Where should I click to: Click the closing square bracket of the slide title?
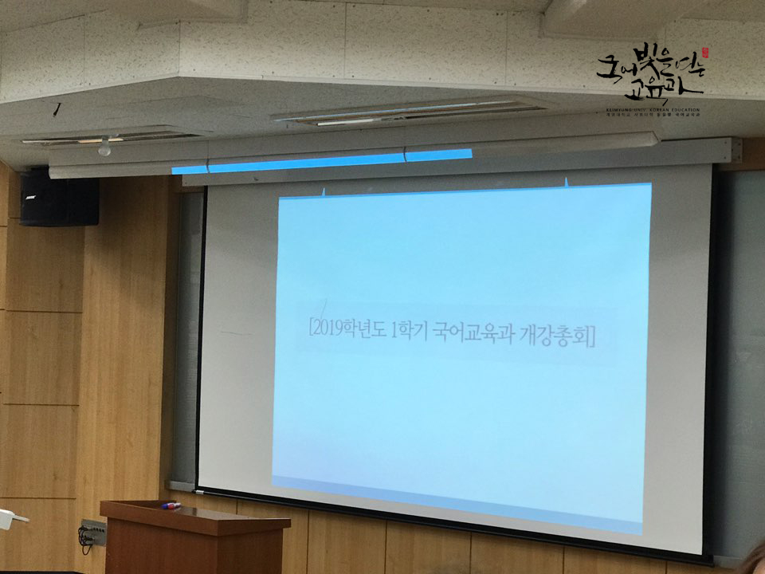591,337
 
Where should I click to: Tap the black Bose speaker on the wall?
59,196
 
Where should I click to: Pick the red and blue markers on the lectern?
171,505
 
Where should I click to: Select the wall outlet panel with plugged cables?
92,532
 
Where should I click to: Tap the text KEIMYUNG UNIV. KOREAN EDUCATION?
652,109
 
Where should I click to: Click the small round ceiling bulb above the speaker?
104,147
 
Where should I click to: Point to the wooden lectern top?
195,514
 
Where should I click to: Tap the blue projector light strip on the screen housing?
321,162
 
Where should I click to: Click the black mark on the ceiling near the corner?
57,108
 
